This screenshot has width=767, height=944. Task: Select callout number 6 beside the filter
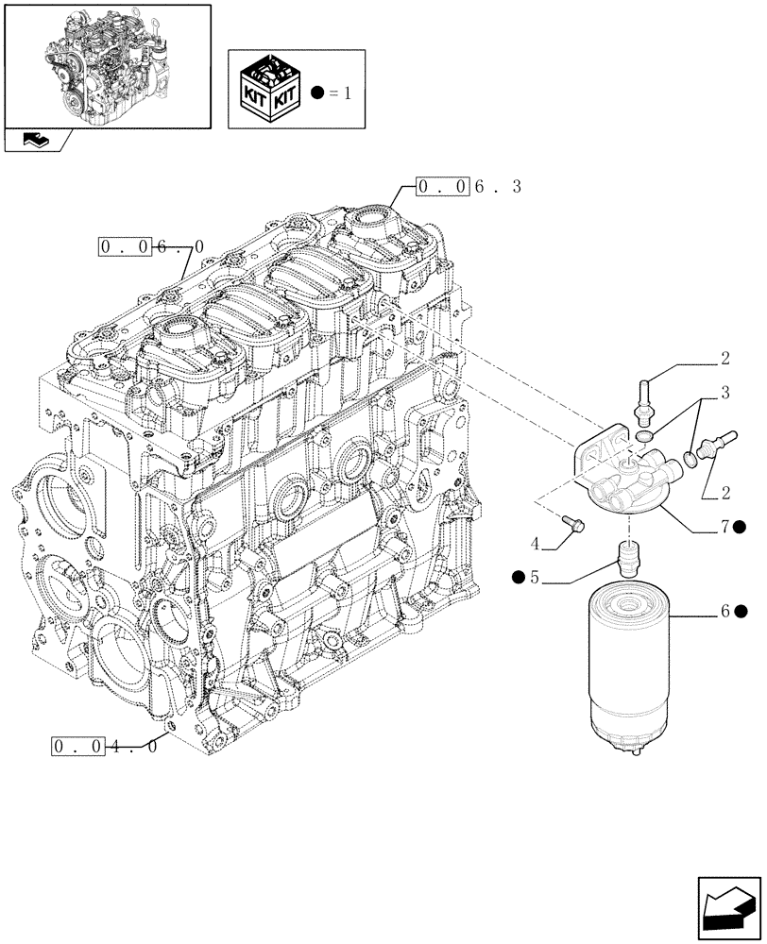tap(725, 612)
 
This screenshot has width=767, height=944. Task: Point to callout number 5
tap(534, 577)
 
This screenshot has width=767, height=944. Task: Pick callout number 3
tap(724, 391)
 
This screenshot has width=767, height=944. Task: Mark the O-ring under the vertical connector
tap(644, 435)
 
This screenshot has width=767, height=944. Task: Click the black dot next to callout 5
tap(519, 577)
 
